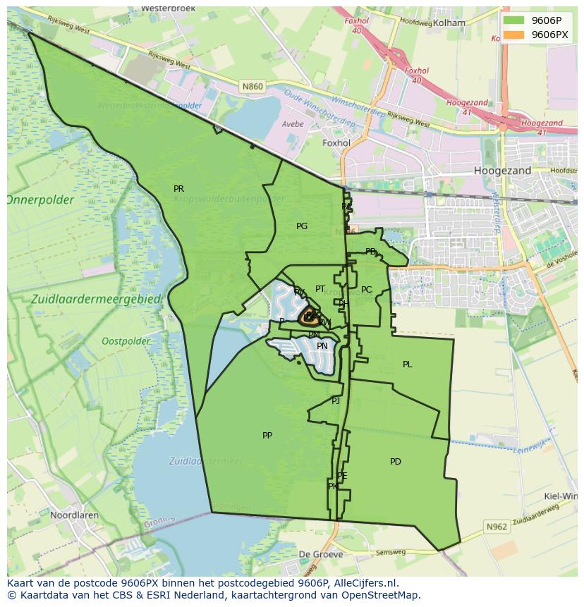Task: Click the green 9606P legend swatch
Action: (514, 20)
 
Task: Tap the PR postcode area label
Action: (178, 189)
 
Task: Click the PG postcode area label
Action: (302, 226)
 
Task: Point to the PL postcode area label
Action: (407, 364)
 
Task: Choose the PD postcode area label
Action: (396, 462)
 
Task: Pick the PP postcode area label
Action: (267, 436)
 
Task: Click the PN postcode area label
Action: (322, 346)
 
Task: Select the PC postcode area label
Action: (366, 290)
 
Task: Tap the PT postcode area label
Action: (320, 289)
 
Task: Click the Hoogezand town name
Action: (503, 171)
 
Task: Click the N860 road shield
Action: (252, 87)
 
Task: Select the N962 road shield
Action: (497, 527)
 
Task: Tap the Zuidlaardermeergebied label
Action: (97, 299)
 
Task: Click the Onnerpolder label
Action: (41, 200)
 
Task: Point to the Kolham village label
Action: (449, 23)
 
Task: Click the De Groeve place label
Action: (321, 554)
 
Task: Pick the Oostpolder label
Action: (126, 341)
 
